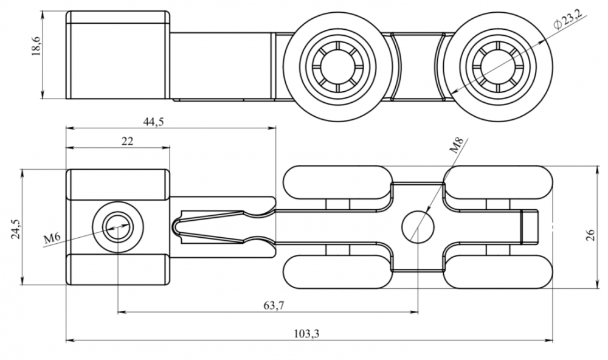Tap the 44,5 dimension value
153,121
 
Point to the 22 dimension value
127,141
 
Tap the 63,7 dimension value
274,305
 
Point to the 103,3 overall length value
306,333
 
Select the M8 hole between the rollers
418,227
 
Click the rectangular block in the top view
117,55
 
